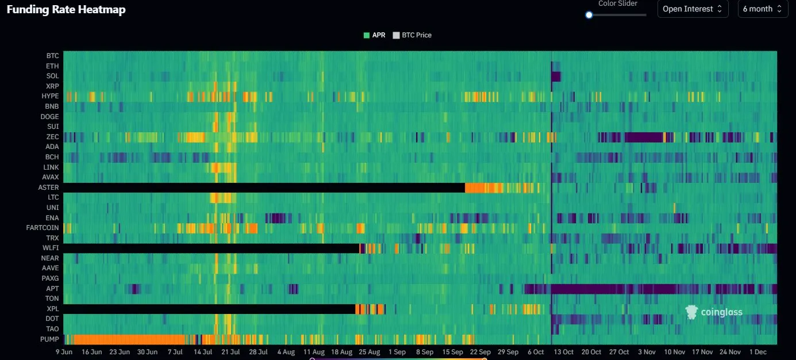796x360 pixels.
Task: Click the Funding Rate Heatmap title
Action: tap(66, 9)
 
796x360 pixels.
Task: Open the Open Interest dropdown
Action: tap(693, 9)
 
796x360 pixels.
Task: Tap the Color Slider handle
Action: tap(589, 15)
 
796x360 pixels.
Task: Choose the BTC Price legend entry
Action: tap(412, 35)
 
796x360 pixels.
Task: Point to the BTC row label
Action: tap(52, 56)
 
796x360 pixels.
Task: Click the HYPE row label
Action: tap(50, 96)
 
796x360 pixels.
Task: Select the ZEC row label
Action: tap(52, 137)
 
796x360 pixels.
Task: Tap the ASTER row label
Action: tap(48, 187)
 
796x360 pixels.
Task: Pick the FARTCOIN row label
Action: tap(43, 228)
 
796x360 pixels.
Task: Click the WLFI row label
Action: tap(51, 248)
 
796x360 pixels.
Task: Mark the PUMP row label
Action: tap(49, 339)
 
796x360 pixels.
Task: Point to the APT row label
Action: tap(52, 289)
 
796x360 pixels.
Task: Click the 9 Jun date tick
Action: tap(63, 351)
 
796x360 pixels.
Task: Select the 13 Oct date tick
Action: tap(563, 351)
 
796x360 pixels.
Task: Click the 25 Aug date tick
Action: tap(369, 351)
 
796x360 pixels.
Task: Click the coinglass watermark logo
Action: tap(714, 312)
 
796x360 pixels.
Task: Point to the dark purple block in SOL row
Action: tap(555, 76)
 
